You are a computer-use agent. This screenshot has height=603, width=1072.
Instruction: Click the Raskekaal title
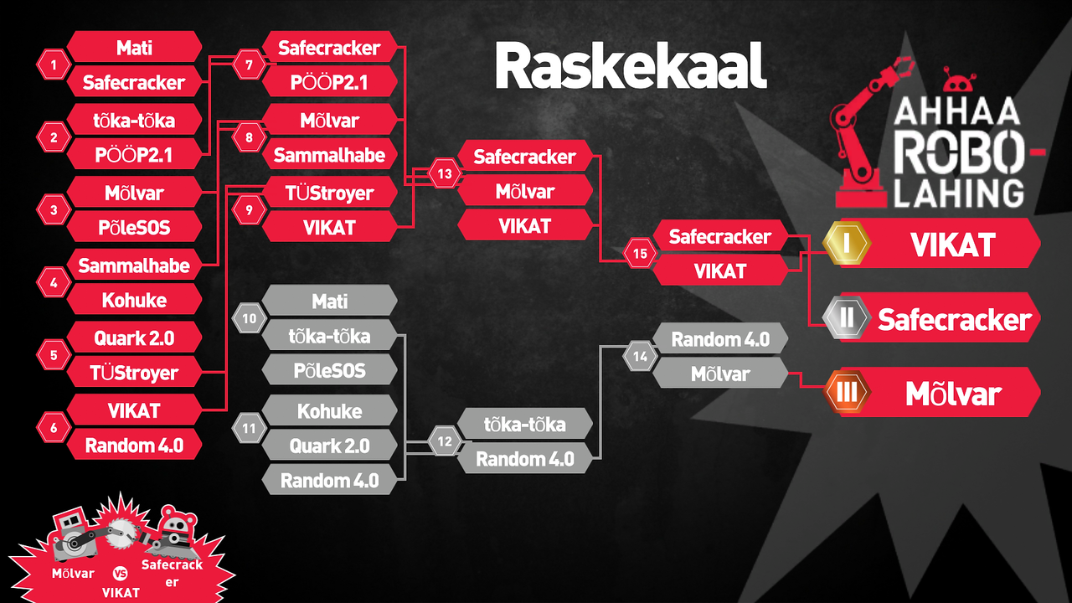coord(631,65)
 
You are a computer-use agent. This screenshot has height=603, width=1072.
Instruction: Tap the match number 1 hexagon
coord(54,64)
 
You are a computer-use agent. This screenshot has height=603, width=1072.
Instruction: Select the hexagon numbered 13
coord(445,173)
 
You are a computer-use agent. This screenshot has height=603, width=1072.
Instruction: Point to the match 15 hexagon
coord(640,254)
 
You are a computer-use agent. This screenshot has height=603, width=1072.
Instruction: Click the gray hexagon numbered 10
coord(250,318)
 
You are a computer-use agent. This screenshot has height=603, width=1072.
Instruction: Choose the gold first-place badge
coord(847,243)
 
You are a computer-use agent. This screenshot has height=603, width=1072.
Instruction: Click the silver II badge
coord(847,317)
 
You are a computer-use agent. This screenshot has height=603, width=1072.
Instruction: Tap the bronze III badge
coord(847,393)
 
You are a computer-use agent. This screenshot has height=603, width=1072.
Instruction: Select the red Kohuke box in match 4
coord(134,300)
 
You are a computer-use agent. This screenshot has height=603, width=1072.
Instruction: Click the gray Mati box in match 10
coord(330,301)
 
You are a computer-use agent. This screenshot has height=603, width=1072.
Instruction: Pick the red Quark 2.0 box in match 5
coord(134,338)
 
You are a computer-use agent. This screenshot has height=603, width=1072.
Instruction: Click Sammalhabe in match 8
coord(330,155)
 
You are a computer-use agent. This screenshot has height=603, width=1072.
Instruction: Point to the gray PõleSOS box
coord(330,370)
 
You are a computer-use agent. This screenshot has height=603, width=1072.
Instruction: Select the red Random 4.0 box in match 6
coord(134,446)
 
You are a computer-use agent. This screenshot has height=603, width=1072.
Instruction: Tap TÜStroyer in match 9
coord(330,193)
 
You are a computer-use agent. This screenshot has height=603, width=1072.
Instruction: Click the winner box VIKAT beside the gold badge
coord(952,244)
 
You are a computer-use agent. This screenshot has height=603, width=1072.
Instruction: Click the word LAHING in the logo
coord(959,193)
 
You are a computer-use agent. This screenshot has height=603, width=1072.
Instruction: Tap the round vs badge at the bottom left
coord(121,573)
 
